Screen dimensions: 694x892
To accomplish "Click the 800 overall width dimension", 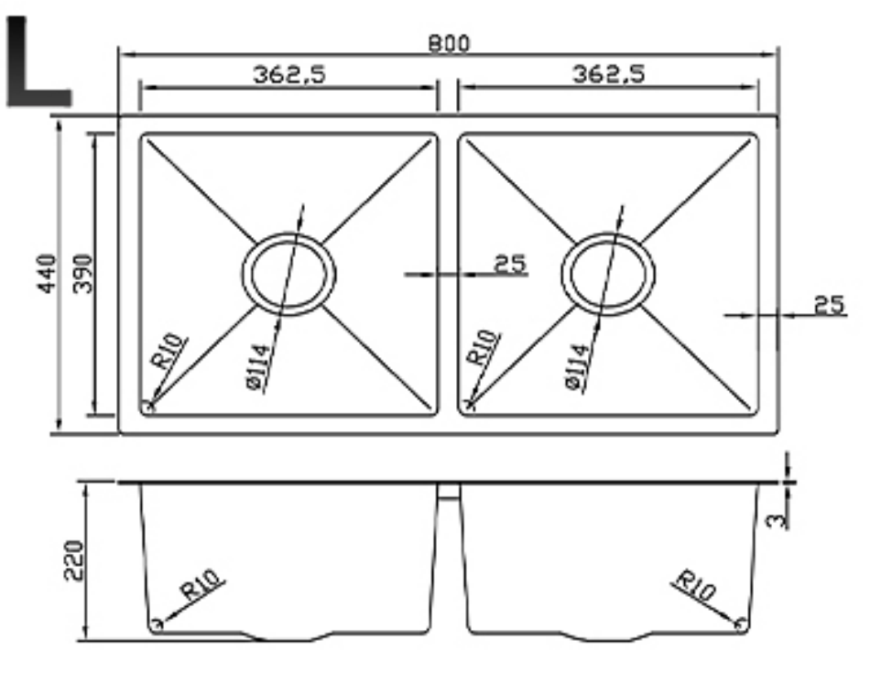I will (448, 43).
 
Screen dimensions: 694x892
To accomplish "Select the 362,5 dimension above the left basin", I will (288, 74).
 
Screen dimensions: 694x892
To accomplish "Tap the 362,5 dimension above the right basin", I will (608, 74).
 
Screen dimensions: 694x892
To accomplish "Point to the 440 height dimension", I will (47, 273).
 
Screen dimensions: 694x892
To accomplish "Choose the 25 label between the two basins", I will (510, 264).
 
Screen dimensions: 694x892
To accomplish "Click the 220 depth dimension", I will (73, 559).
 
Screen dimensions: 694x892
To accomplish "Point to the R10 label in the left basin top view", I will (170, 352).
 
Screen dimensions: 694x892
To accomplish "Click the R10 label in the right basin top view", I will (484, 348).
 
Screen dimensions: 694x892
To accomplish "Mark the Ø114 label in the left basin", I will (258, 366).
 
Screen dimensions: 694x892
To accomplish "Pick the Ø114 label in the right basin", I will (576, 366).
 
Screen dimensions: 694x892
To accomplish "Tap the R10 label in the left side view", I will (202, 585).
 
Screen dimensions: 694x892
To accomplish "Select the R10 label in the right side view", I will (693, 586).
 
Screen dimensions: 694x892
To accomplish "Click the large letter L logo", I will (37, 62).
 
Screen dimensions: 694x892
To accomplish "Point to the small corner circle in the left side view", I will (156, 624).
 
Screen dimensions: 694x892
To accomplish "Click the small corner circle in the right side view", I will (741, 626).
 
